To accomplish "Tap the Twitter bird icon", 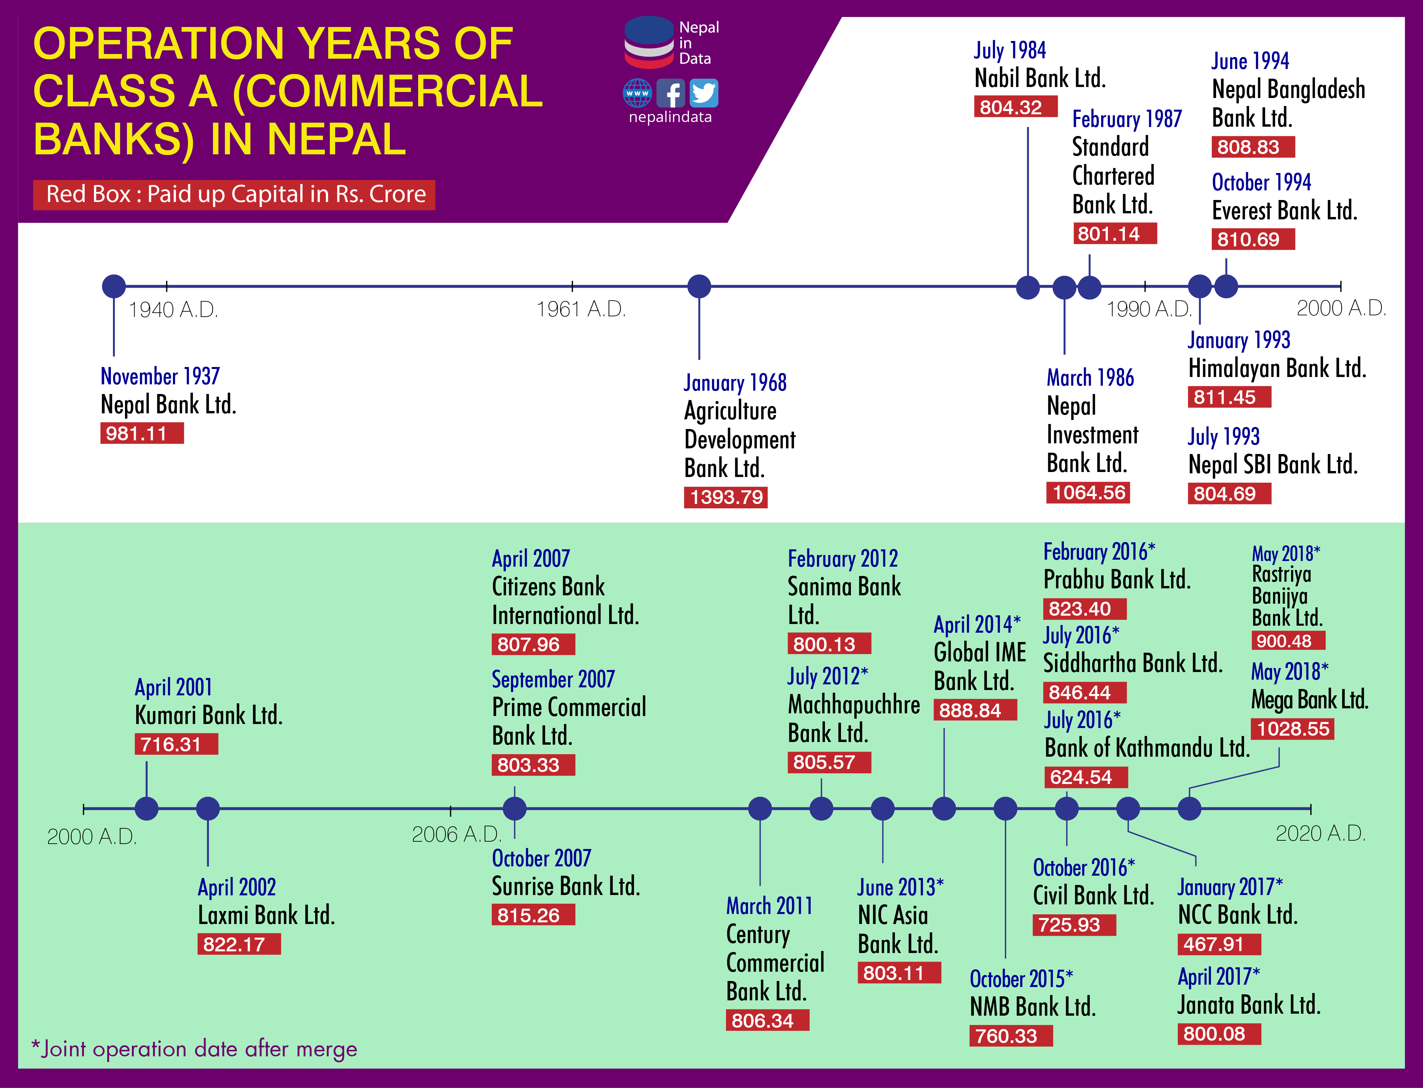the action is (x=704, y=93).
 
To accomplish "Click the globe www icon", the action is (x=638, y=93).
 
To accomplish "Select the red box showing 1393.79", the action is (x=726, y=497).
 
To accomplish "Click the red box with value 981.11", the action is (x=142, y=433).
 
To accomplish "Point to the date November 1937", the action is (x=160, y=376).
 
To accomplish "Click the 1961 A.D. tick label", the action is (x=581, y=310).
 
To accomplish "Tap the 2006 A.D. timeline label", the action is (x=456, y=834).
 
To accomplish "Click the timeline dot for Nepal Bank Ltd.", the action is (x=114, y=286).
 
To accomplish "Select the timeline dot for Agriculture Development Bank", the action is (x=699, y=286).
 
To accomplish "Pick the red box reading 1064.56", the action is (x=1088, y=493).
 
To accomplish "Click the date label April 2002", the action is (x=237, y=887).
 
